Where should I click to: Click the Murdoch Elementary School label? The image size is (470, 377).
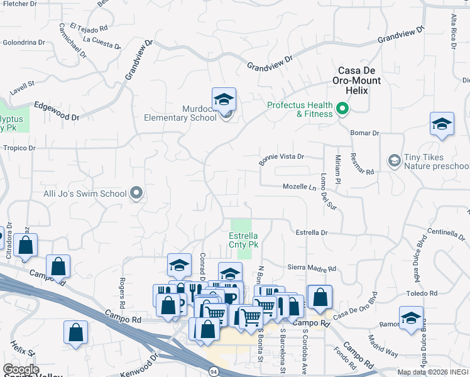coord(180,112)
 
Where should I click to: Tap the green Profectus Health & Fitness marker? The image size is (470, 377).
coord(342,109)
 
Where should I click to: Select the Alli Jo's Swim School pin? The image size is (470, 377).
coord(136,194)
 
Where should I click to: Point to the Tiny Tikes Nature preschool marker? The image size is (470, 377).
coord(394,161)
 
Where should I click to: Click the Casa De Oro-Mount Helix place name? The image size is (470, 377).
coord(361,80)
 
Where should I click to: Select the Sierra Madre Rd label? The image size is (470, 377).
coord(312,268)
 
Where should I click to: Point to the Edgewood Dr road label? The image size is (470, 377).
coord(57,111)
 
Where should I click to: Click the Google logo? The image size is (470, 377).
coord(21,369)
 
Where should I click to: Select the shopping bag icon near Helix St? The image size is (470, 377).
coord(75,334)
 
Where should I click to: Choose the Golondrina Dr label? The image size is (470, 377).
coord(24,43)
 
